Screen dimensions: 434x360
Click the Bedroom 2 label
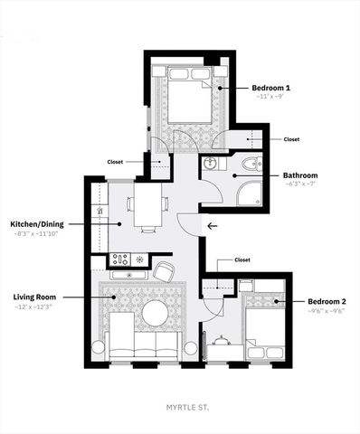(x=327, y=301)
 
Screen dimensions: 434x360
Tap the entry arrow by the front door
(x=213, y=227)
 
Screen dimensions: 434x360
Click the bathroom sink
(x=209, y=164)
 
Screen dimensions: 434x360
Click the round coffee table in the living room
(x=154, y=314)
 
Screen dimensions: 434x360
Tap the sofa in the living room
(x=144, y=344)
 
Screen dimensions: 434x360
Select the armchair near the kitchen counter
(x=164, y=270)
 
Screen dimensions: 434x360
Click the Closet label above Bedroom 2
(x=242, y=259)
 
